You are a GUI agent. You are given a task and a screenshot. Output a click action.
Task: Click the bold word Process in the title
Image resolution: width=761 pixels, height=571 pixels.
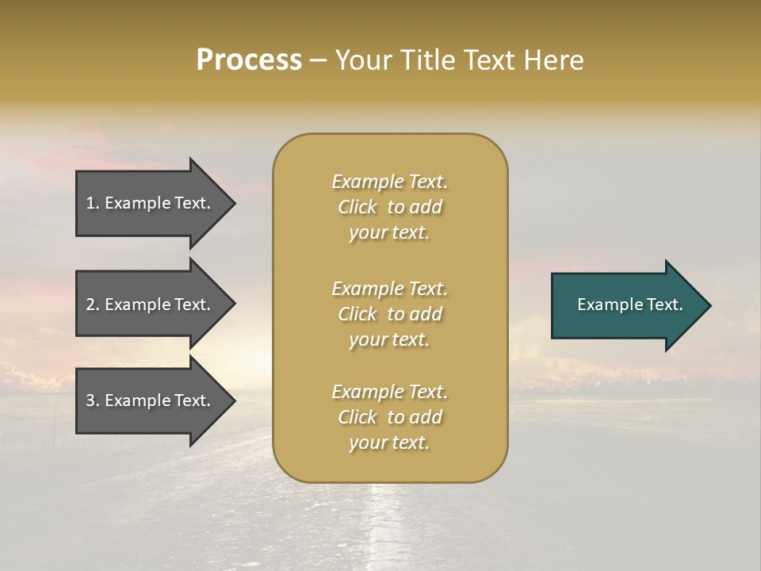(x=249, y=60)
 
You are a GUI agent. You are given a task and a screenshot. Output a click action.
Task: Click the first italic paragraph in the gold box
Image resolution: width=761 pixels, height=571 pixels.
(x=389, y=207)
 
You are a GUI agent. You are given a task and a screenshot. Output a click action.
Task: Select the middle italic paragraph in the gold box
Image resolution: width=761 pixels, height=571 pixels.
(x=389, y=314)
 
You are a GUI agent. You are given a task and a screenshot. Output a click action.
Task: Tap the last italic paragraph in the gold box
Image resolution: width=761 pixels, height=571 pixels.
(x=389, y=417)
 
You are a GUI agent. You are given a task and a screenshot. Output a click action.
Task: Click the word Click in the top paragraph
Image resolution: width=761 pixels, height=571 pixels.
(x=358, y=207)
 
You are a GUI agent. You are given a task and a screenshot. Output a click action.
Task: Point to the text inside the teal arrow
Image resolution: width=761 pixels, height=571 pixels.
(x=629, y=305)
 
